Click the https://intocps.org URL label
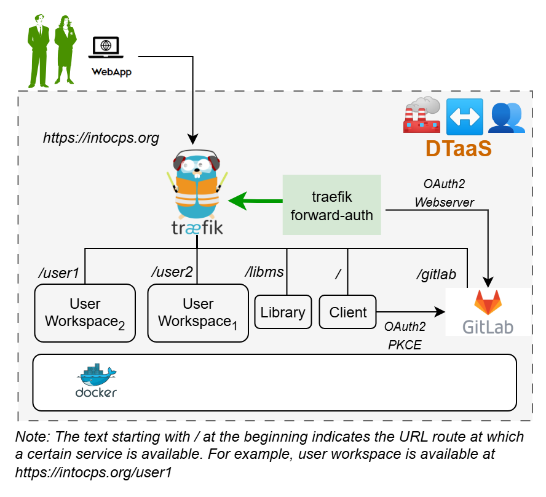(101, 138)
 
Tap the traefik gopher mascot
(197, 185)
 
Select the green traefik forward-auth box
(331, 205)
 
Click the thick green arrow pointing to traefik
(255, 201)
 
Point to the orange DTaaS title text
(459, 149)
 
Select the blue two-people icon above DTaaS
(506, 117)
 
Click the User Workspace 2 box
(85, 312)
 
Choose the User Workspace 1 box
(198, 312)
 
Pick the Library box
(283, 312)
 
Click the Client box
(347, 312)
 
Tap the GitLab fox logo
(488, 301)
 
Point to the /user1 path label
(59, 272)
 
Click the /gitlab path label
(436, 274)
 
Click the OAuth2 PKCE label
(405, 336)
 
